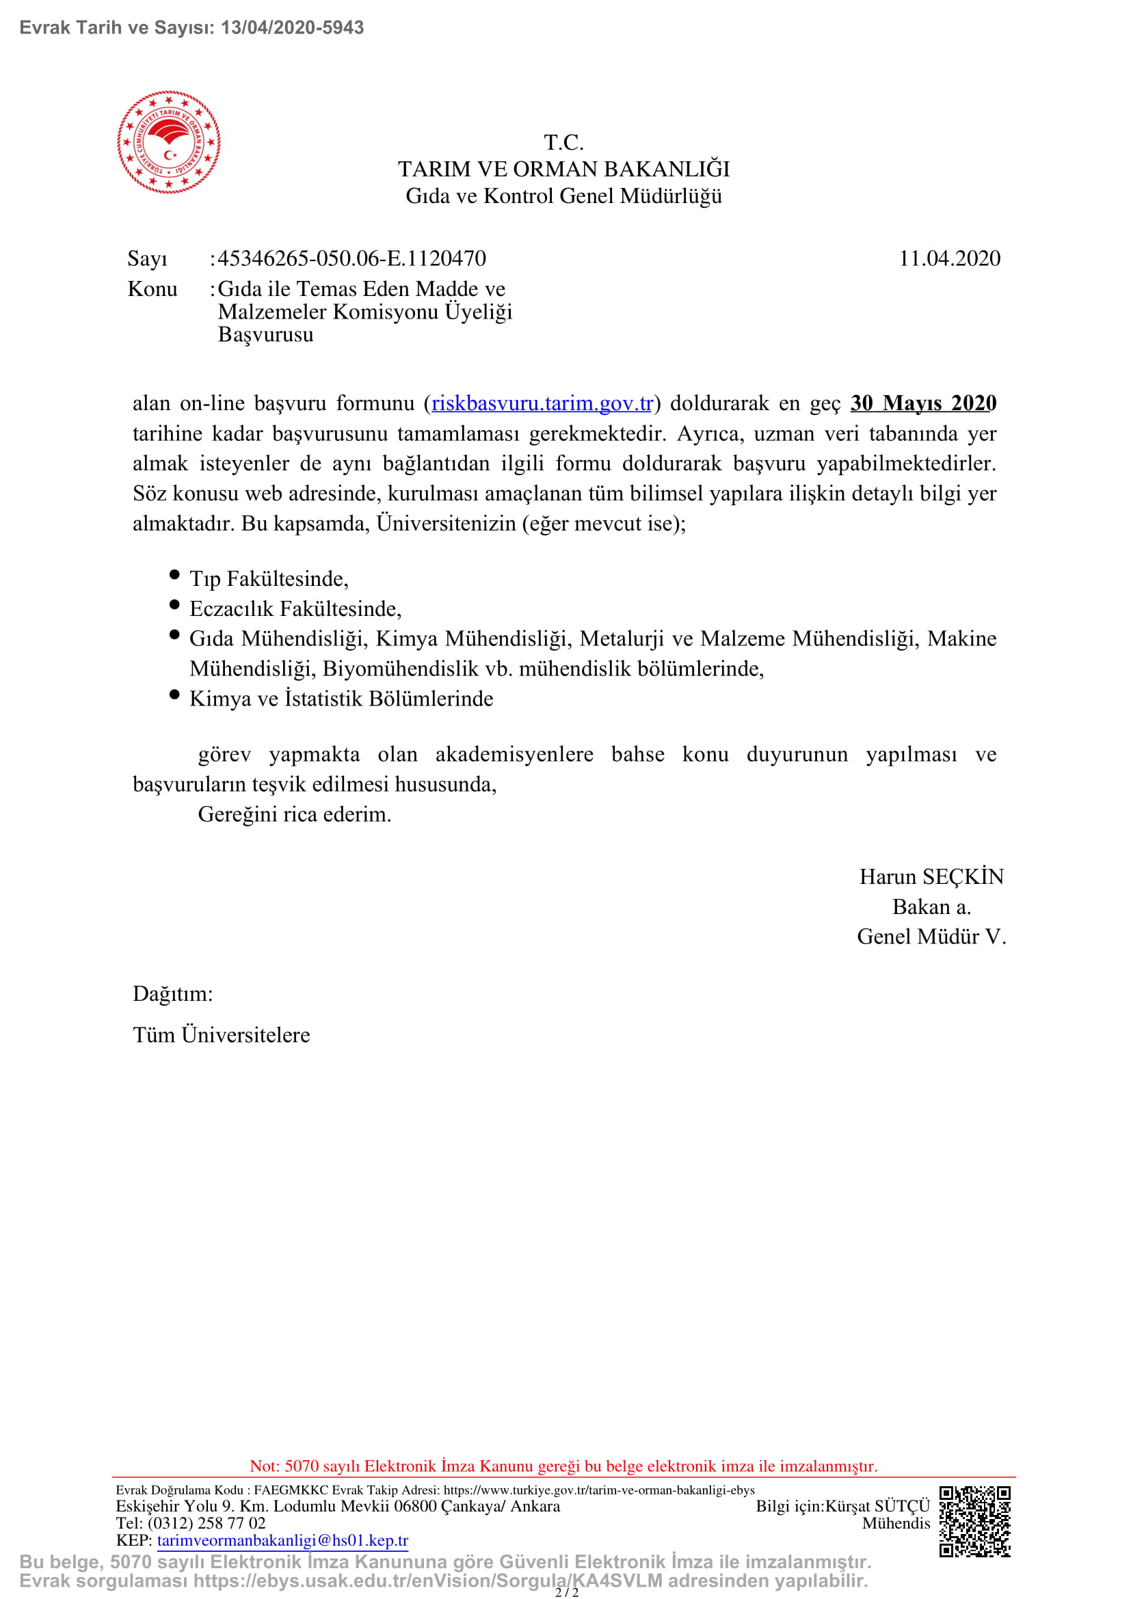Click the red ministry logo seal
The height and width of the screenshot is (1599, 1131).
point(168,142)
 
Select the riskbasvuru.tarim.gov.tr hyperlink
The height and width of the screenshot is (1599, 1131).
point(542,403)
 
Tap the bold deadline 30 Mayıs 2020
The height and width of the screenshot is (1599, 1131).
point(922,403)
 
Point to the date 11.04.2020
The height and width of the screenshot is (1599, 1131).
point(949,258)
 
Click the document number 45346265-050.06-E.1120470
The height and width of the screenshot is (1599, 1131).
point(351,258)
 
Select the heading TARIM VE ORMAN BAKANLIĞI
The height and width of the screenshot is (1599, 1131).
point(563,170)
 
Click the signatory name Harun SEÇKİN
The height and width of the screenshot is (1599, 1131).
point(931,877)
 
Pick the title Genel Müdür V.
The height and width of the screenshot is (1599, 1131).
point(931,937)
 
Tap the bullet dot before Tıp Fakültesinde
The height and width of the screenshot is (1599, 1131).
point(175,574)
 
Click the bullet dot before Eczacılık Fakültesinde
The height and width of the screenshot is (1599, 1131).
point(175,604)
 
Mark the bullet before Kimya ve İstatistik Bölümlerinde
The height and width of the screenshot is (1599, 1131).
point(175,695)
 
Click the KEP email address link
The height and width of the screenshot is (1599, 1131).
point(283,1540)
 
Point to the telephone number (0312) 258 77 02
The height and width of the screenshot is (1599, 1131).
point(206,1523)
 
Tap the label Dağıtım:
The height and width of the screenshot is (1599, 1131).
point(173,994)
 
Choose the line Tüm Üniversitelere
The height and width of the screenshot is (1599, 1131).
point(222,1035)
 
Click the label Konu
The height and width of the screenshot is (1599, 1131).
point(152,289)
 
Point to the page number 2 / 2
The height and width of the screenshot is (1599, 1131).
point(566,1592)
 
